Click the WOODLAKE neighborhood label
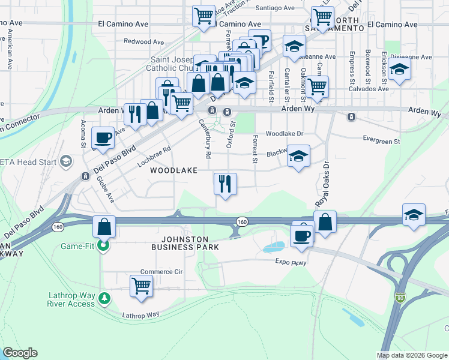point(173,171)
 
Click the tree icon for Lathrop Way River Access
point(104,298)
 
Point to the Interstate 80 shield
point(400,298)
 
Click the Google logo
point(20,353)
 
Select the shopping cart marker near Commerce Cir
point(141,286)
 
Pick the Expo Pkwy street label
point(291,262)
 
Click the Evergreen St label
point(381,141)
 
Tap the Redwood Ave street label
point(143,42)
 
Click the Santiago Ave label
point(275,8)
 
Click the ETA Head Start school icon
point(65,161)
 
